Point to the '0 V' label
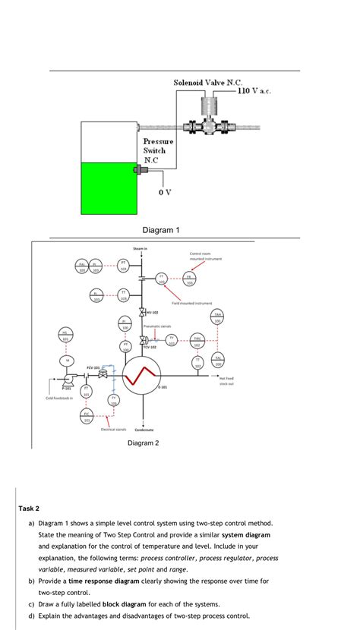pyautogui.click(x=165, y=191)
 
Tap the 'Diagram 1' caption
pyautogui.click(x=161, y=230)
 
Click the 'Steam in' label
pyautogui.click(x=141, y=248)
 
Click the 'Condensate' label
pyautogui.click(x=145, y=430)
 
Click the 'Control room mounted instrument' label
pyautogui.click(x=200, y=257)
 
